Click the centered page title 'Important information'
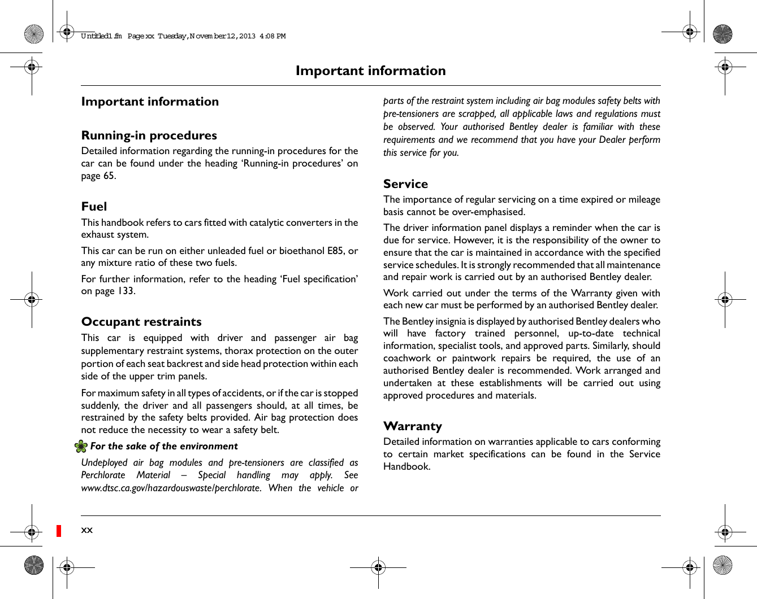[x=370, y=71]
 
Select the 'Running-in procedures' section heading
[x=149, y=135]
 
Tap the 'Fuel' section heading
[x=94, y=207]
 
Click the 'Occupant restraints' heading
[x=141, y=322]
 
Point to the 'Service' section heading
[x=405, y=184]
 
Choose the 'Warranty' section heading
[x=412, y=426]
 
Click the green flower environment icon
[x=81, y=447]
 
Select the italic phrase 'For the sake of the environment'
[x=164, y=447]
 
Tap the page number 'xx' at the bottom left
[x=86, y=530]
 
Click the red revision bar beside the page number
[x=59, y=531]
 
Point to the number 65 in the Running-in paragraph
[x=109, y=176]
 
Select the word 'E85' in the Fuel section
[x=335, y=251]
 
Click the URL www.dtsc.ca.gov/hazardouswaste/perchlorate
[x=171, y=488]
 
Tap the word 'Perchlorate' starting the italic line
[x=103, y=475]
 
